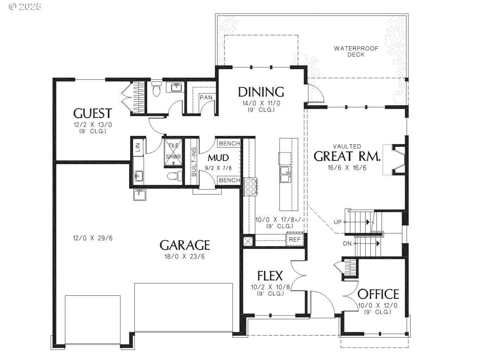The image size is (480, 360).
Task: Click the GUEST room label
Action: (92, 113)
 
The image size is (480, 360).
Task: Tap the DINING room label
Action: (261, 92)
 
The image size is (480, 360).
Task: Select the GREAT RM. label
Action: (347, 156)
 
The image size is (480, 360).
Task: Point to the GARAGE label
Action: (185, 245)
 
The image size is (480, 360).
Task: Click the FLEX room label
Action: (270, 275)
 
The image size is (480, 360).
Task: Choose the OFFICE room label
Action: (378, 294)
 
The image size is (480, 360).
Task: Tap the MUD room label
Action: (218, 157)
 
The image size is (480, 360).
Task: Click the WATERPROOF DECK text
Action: (356, 51)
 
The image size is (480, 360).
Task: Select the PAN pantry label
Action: (205, 97)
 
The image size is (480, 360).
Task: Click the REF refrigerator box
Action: (295, 239)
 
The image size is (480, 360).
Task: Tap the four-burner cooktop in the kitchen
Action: (251, 186)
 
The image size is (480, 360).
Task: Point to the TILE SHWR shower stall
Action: (173, 151)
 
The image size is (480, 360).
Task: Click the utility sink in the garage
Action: (140, 194)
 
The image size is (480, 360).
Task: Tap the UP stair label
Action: (338, 222)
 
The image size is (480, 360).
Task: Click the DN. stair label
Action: (348, 244)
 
